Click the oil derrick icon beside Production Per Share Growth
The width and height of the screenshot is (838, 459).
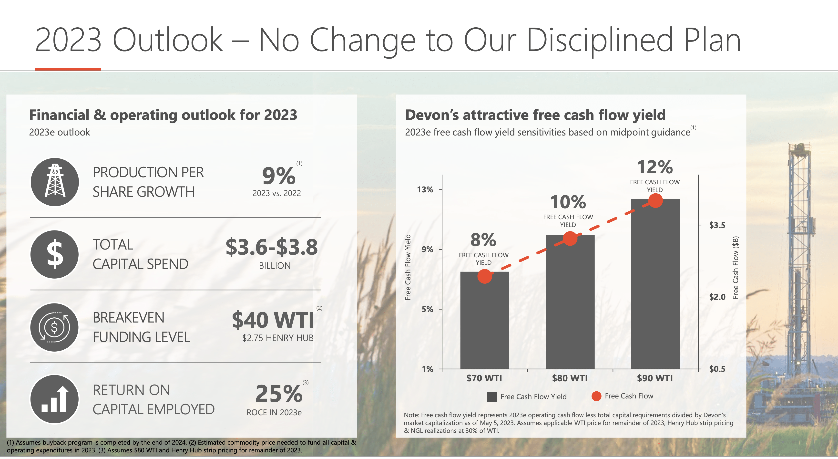point(55,182)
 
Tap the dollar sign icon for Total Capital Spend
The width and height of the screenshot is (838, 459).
point(55,254)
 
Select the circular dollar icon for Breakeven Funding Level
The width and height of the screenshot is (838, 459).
point(55,327)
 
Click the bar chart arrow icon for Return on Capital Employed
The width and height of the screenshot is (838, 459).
point(55,399)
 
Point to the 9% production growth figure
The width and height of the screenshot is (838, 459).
point(278,176)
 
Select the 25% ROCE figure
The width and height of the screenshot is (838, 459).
point(279,394)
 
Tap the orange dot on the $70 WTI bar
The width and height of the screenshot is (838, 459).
point(484,276)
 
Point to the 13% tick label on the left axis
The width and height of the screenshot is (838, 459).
point(425,189)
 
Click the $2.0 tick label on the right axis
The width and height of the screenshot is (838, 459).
point(717,297)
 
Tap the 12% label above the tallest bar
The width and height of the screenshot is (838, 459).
point(655,167)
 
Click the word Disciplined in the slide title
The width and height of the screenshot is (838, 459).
point(600,40)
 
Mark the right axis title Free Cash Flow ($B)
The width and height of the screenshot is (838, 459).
point(736,267)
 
